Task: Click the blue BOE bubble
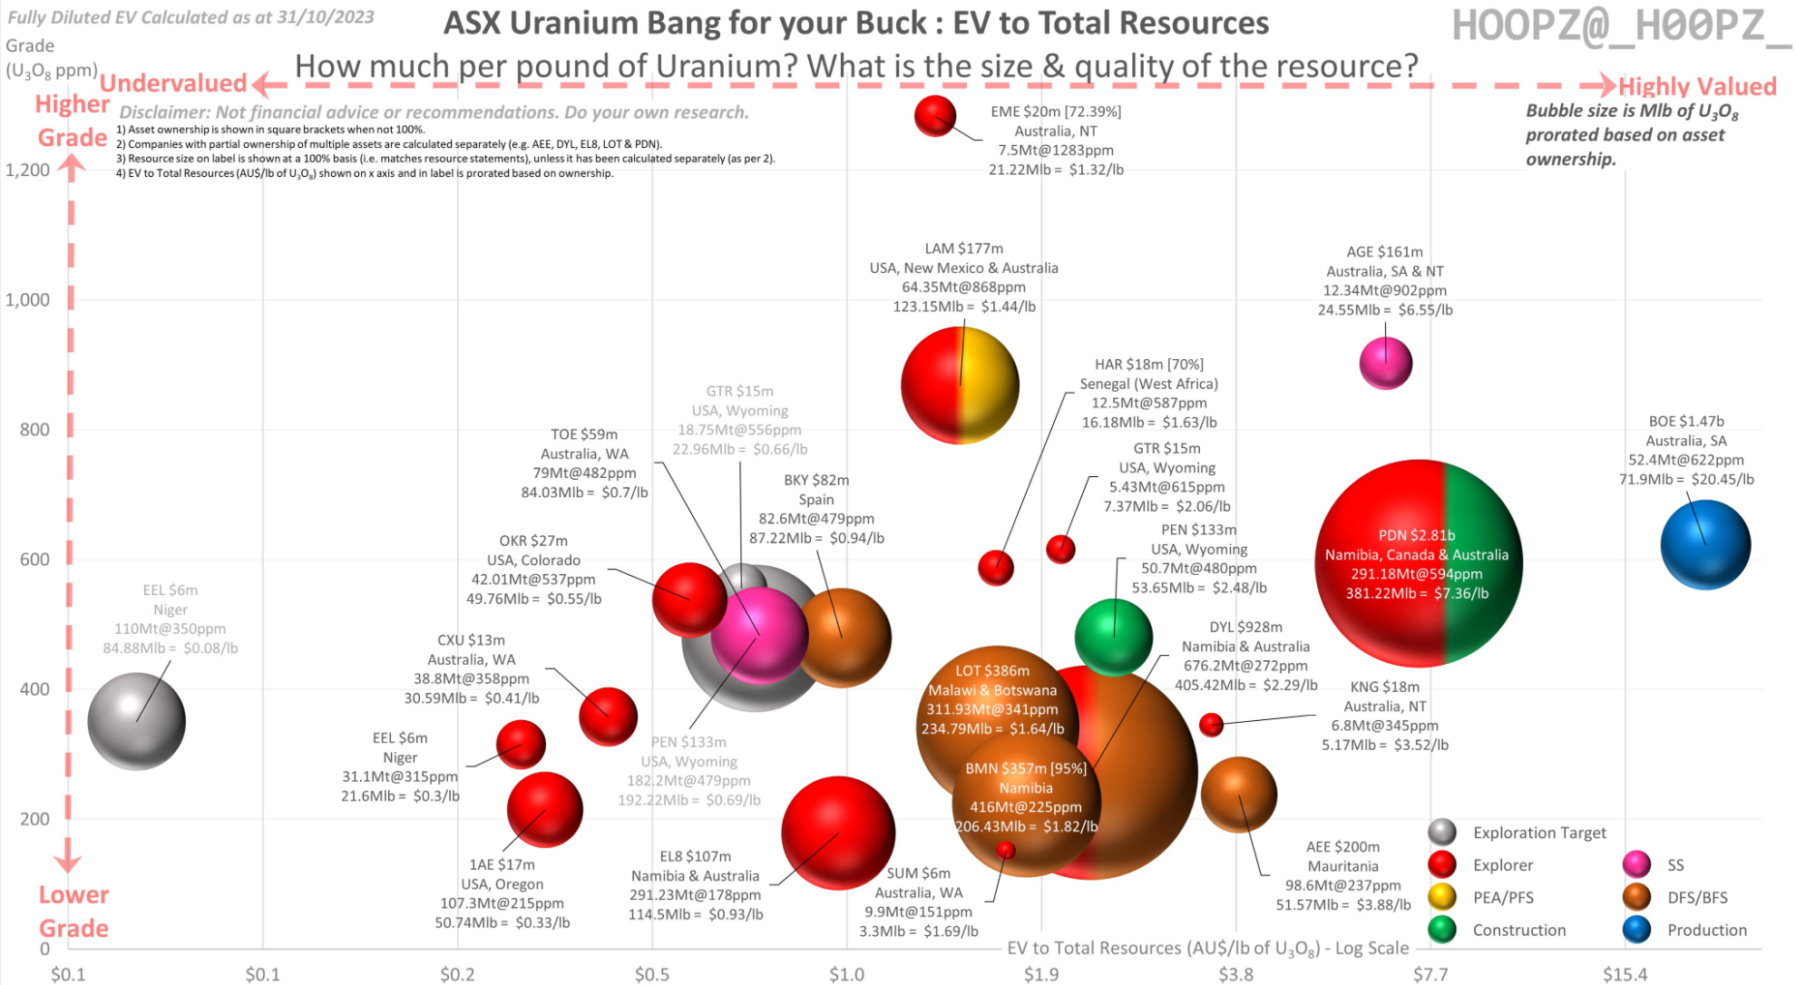coord(1705,544)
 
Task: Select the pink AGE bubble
coord(1385,363)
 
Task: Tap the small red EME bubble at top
coord(935,116)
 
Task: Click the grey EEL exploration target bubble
coord(136,721)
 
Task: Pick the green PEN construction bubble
coord(1113,637)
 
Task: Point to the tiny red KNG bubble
coord(1211,725)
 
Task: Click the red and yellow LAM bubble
coord(960,385)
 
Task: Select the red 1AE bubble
coord(544,809)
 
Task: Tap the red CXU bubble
coord(608,716)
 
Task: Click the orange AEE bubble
coord(1238,795)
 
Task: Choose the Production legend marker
coord(1636,930)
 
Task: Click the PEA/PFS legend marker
coord(1441,897)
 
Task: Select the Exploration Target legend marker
coord(1441,832)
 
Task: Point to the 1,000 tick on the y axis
coord(28,300)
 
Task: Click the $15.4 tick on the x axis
coord(1624,974)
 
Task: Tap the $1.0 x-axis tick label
coord(846,974)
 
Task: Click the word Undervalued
coord(172,83)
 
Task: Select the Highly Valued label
coord(1696,86)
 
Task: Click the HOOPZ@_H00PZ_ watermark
coord(1621,25)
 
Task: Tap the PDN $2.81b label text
coord(1416,535)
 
